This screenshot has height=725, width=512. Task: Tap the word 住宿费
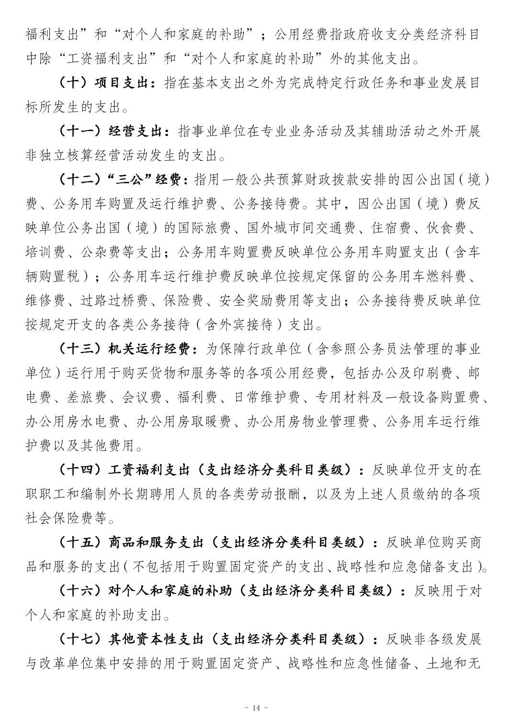(x=391, y=228)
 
